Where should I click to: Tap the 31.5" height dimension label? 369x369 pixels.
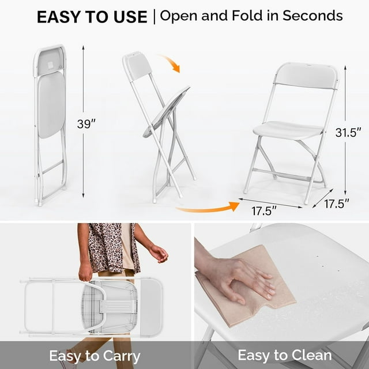click(x=348, y=132)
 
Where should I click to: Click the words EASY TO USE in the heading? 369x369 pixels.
click(x=92, y=17)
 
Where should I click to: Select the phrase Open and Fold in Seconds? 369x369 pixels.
click(x=251, y=16)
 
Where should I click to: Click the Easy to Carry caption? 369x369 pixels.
click(x=95, y=354)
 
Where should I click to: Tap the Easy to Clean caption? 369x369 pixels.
click(x=285, y=354)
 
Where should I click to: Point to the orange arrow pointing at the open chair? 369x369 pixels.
click(x=208, y=206)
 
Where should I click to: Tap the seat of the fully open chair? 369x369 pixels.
click(x=288, y=130)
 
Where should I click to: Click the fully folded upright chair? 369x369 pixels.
click(x=50, y=124)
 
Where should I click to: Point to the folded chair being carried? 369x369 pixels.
click(x=92, y=306)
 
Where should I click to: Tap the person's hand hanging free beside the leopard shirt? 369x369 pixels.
click(x=159, y=253)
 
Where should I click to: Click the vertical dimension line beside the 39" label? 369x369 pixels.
click(x=84, y=86)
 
